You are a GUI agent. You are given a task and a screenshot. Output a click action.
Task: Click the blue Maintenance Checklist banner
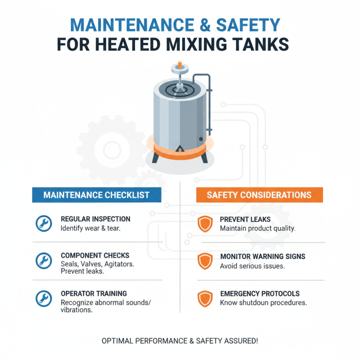tap(97, 195)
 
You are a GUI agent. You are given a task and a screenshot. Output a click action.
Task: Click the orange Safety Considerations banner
tap(259, 195)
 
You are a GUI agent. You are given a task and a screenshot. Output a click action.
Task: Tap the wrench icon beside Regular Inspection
tap(44, 224)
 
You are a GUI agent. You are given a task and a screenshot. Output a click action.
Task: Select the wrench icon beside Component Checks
tap(44, 261)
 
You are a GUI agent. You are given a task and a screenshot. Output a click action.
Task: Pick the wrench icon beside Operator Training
tap(44, 298)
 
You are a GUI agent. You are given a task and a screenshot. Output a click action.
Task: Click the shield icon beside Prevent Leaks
tap(205, 224)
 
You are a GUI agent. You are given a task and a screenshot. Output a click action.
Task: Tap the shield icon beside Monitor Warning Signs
tap(205, 261)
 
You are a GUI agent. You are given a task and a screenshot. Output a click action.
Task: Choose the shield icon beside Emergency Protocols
tap(205, 298)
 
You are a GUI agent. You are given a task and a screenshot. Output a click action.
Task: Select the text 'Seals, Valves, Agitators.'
tap(97, 264)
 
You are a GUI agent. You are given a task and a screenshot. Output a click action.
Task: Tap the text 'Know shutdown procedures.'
tap(263, 303)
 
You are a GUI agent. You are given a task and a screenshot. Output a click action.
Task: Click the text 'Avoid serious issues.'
tap(252, 266)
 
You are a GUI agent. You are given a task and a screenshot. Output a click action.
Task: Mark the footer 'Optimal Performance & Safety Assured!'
tap(180, 341)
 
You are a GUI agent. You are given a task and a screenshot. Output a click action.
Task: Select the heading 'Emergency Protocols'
tap(260, 293)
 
